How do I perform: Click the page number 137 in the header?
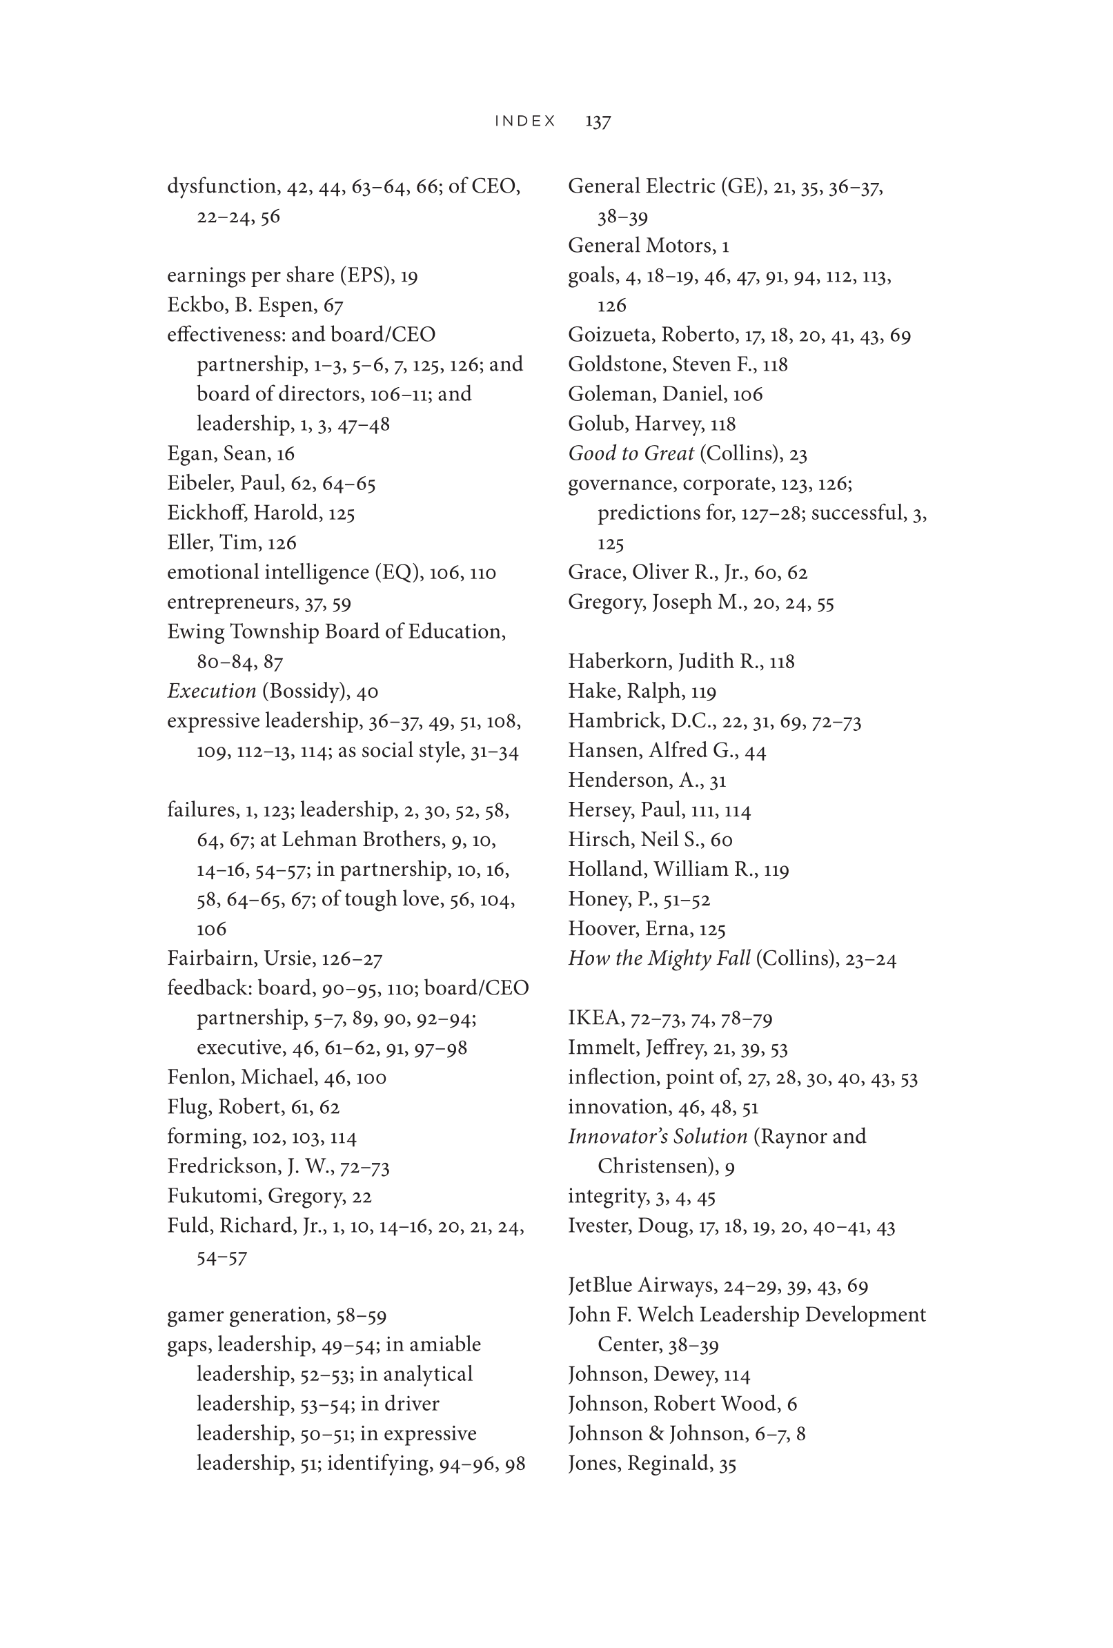598,121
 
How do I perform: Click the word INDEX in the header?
524,121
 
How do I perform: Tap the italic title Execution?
211,691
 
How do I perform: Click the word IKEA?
590,1019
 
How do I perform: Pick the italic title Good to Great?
631,453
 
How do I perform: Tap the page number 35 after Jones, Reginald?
727,1464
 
